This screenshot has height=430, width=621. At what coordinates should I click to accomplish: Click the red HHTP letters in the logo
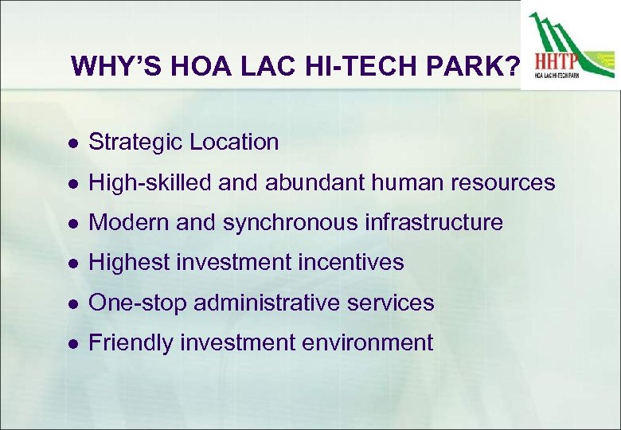click(x=557, y=61)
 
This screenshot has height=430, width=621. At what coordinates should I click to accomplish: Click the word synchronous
click(x=294, y=223)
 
